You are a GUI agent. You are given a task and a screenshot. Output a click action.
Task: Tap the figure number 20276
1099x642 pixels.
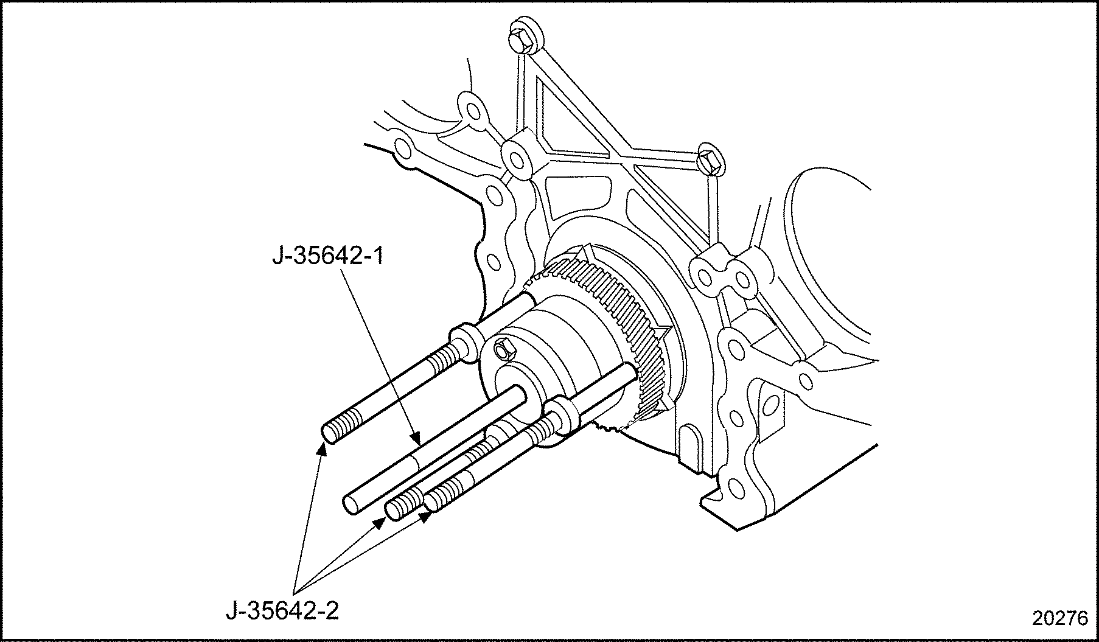tap(1059, 618)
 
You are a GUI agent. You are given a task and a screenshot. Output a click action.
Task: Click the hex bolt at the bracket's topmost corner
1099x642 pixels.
tap(522, 37)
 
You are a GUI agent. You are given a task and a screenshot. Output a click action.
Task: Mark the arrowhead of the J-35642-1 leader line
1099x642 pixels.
tap(416, 437)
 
